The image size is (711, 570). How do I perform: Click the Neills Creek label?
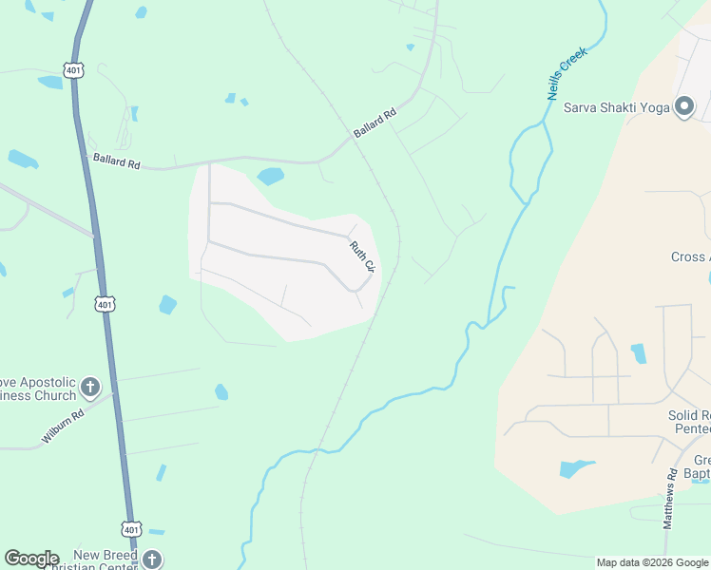(x=567, y=73)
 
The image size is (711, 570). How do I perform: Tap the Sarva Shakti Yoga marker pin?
(x=683, y=106)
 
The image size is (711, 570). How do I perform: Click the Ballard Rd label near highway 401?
(x=116, y=161)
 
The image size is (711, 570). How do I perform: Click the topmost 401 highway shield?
(x=75, y=69)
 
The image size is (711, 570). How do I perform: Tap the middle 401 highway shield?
(x=106, y=304)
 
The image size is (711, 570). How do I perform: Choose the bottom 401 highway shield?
(x=131, y=528)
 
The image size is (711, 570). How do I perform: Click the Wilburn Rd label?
(x=63, y=427)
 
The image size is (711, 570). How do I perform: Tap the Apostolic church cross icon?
(x=90, y=387)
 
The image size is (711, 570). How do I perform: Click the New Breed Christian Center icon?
(x=152, y=560)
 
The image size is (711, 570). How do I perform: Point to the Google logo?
(x=31, y=559)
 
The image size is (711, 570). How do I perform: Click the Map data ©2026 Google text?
(x=652, y=562)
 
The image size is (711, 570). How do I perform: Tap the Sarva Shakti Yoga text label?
(x=617, y=106)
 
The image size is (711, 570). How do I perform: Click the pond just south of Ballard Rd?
(x=270, y=176)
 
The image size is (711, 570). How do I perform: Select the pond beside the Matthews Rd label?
(x=575, y=468)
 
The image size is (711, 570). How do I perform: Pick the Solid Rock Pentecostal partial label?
(x=689, y=423)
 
